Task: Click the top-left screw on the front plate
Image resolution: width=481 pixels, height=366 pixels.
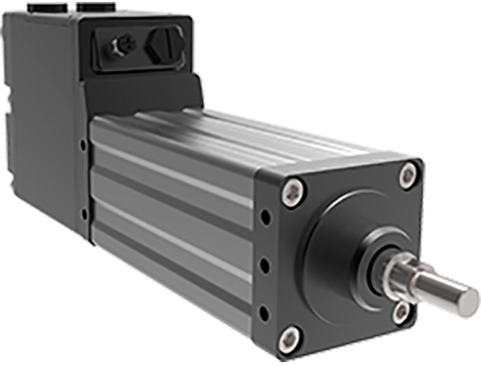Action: [289, 193]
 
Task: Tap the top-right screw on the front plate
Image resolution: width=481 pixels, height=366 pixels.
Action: [409, 174]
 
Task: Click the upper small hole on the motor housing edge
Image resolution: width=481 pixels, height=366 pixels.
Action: [84, 145]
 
